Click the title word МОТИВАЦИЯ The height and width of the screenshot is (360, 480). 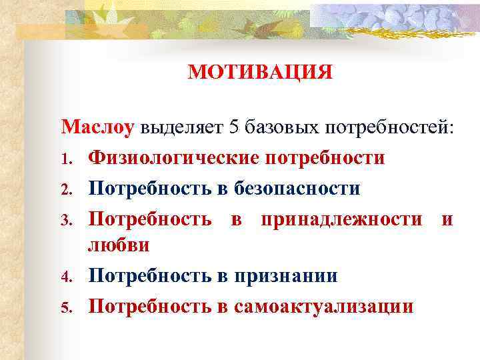point(260,72)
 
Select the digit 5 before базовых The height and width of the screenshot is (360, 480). point(233,127)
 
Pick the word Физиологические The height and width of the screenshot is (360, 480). point(174,159)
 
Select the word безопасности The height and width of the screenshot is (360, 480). point(297,189)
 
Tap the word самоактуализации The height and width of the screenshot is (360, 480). point(324,305)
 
